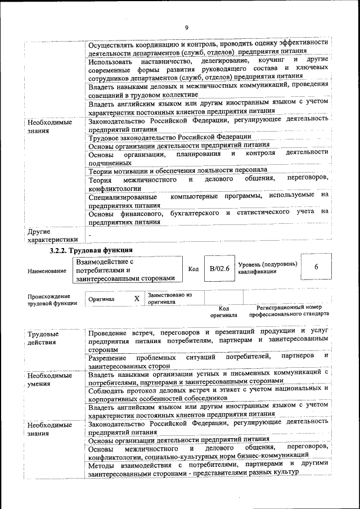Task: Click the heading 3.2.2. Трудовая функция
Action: tap(91, 250)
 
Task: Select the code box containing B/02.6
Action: tap(220, 269)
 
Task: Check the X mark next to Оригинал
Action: tap(137, 299)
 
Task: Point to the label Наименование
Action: tap(47, 271)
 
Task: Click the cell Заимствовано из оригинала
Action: tap(170, 298)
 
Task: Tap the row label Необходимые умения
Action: tap(49, 380)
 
